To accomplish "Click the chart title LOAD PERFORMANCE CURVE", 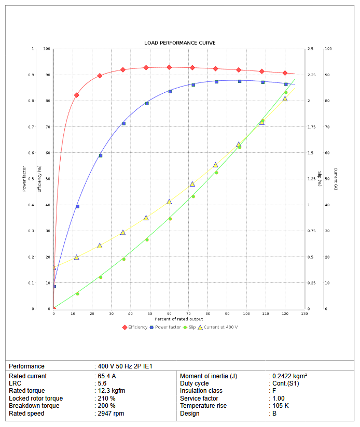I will pyautogui.click(x=179, y=42).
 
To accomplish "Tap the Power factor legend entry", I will pyautogui.click(x=168, y=327).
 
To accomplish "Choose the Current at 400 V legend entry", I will pyautogui.click(x=220, y=327).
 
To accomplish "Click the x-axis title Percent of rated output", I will pyautogui.click(x=179, y=319).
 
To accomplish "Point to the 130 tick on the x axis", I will pyautogui.click(x=304, y=314).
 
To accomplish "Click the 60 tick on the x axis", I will pyautogui.click(x=169, y=314).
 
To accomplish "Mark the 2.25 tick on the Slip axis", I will pyautogui.click(x=311, y=75).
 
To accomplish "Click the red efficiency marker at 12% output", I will pyautogui.click(x=77, y=95).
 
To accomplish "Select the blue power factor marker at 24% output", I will pyautogui.click(x=101, y=155).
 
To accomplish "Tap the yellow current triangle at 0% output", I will pyautogui.click(x=54, y=267).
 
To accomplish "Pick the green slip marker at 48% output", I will pyautogui.click(x=147, y=239).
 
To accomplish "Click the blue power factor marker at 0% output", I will pyautogui.click(x=54, y=286).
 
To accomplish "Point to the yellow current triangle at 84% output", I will pyautogui.click(x=216, y=165).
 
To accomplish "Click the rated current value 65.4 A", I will pyautogui.click(x=106, y=376).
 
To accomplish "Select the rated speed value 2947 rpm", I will pyautogui.click(x=110, y=414).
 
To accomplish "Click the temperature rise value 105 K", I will pyautogui.click(x=281, y=406).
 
